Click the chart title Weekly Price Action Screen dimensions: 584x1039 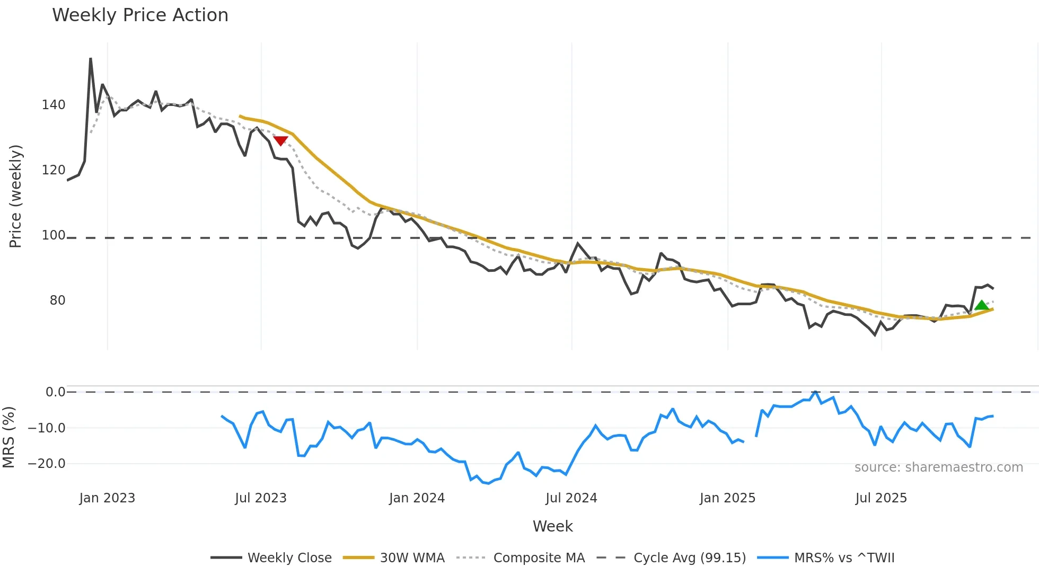coord(140,15)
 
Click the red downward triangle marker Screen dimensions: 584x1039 coord(280,140)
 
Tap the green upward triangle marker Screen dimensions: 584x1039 coord(982,305)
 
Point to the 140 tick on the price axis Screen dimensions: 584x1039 coord(54,105)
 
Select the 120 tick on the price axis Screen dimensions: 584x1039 coord(54,170)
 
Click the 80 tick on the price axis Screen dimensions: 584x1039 coord(57,300)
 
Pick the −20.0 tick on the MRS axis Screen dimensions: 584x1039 coord(46,464)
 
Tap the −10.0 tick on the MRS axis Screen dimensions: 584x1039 coord(46,428)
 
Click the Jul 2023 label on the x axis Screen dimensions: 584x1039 coord(261,498)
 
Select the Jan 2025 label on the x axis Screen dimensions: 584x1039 coord(727,498)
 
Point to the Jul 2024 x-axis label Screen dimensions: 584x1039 coord(571,498)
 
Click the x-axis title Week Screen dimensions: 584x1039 coord(552,526)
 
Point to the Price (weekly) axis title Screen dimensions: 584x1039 coord(15,196)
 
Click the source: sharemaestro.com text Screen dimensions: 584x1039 coord(938,467)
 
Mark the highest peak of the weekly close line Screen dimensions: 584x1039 coord(91,59)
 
